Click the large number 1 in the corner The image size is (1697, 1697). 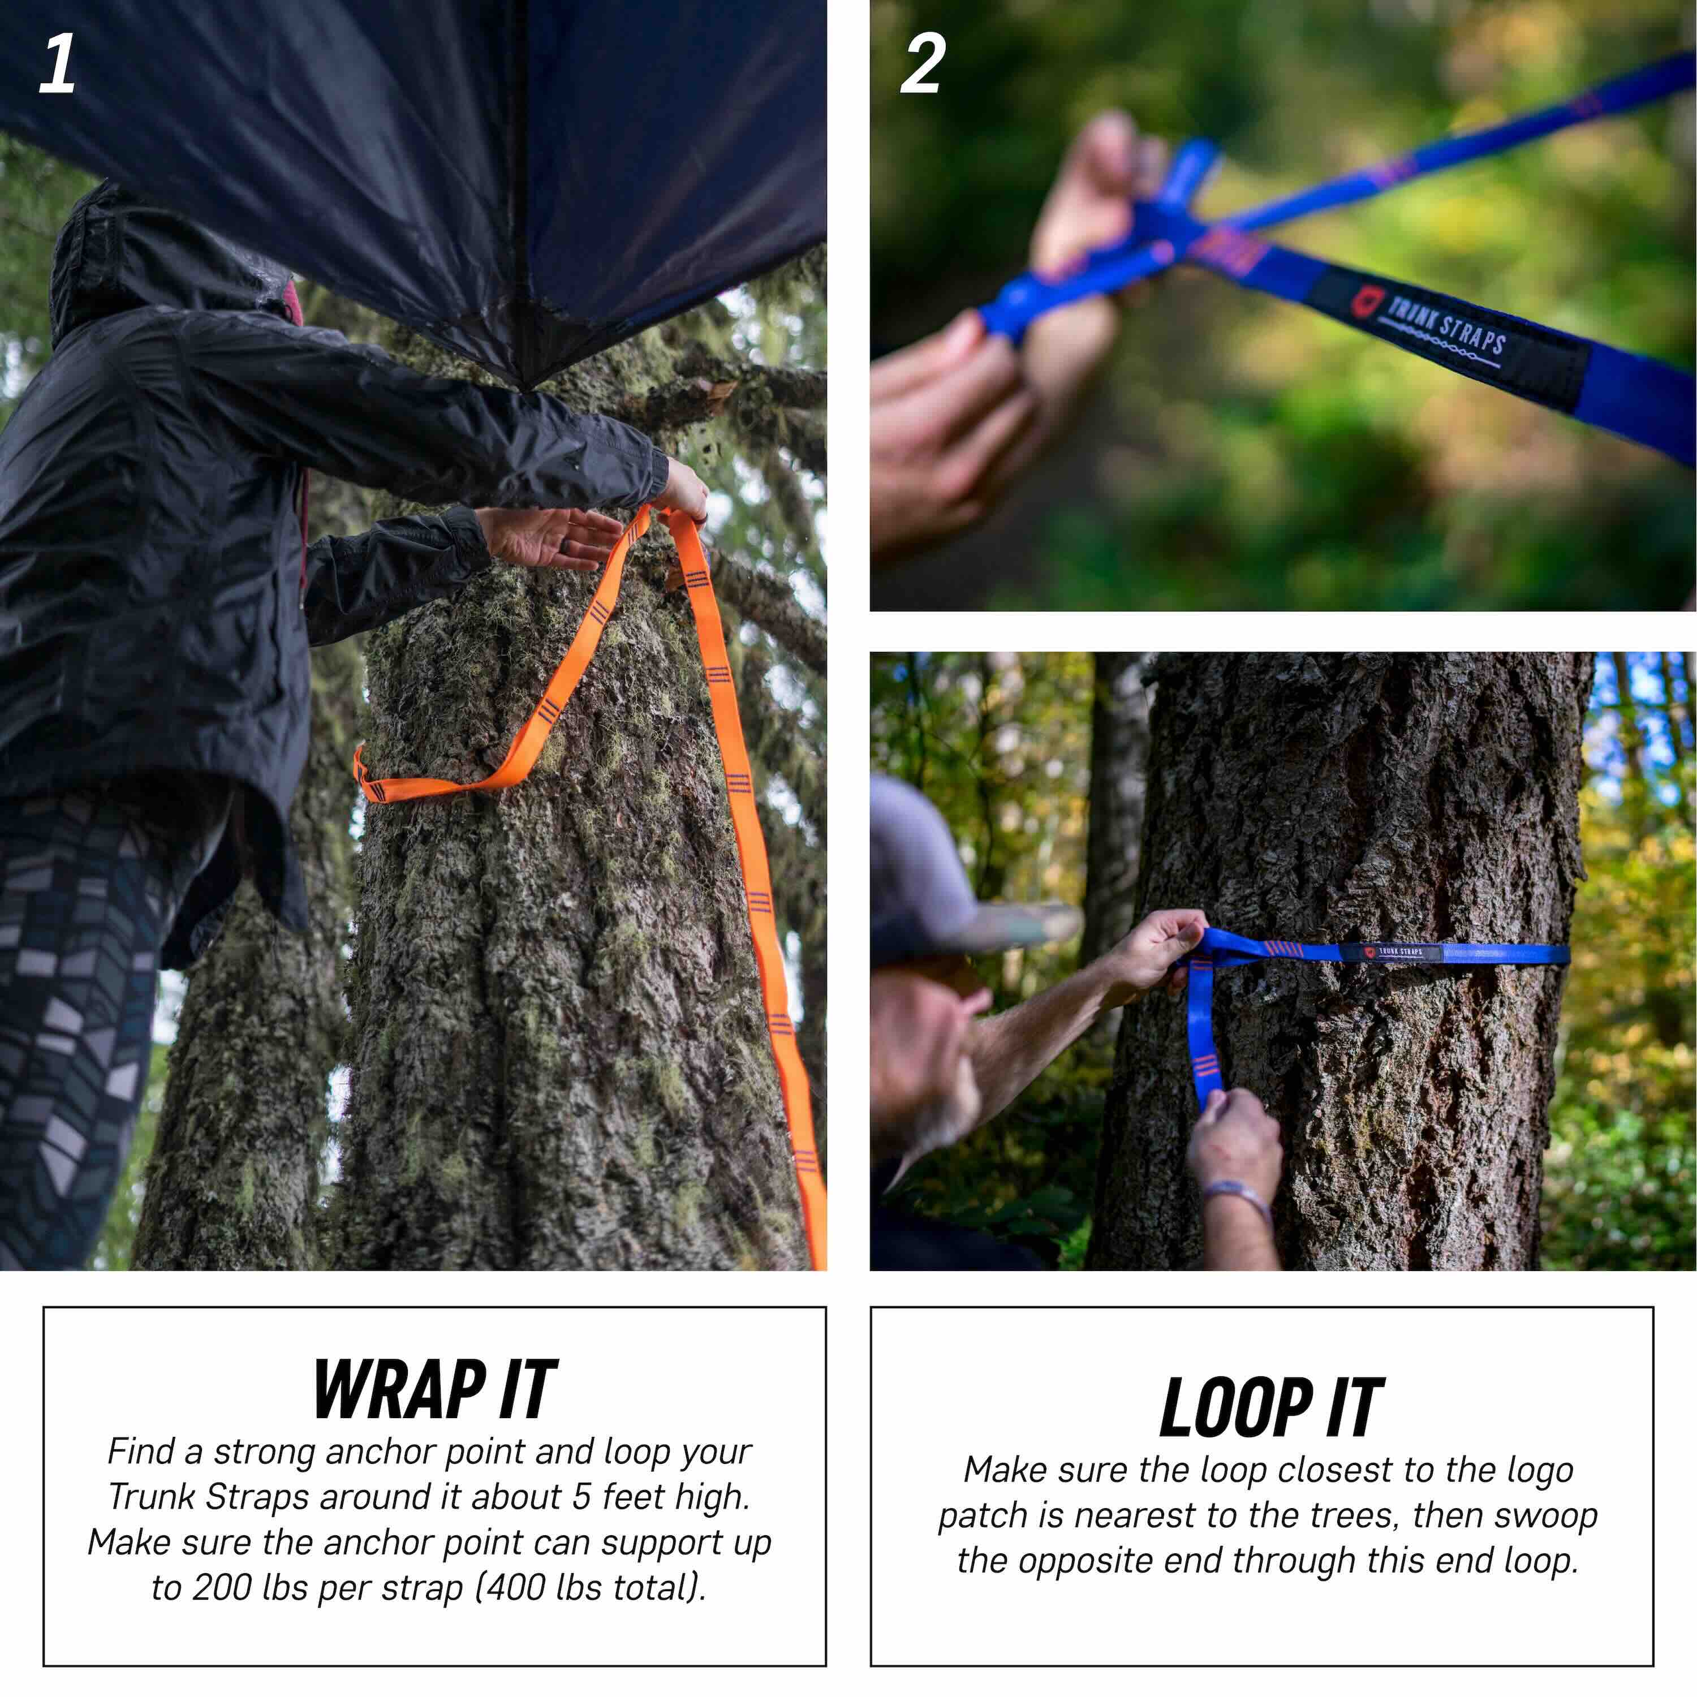coord(58,63)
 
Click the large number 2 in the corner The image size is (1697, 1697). coord(922,63)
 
